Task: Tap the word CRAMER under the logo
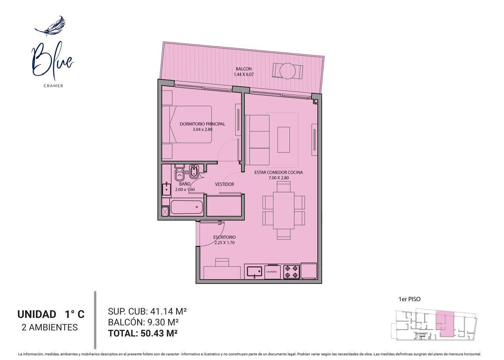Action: pos(54,86)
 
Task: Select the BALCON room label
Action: pos(244,69)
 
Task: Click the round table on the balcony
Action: pos(288,71)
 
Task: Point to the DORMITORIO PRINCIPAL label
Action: pos(202,124)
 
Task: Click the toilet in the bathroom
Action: pos(179,173)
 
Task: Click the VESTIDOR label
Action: pos(224,184)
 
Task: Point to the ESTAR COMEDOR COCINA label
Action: pos(278,173)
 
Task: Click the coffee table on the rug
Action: pos(283,140)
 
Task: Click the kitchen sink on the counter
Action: pos(254,271)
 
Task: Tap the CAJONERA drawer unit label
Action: pos(272,272)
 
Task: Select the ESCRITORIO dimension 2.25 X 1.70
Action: pos(224,243)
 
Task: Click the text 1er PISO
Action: pos(409,299)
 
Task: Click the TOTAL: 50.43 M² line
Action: pos(143,333)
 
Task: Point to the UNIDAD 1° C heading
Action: pos(51,314)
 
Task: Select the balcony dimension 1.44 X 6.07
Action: pos(244,74)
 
